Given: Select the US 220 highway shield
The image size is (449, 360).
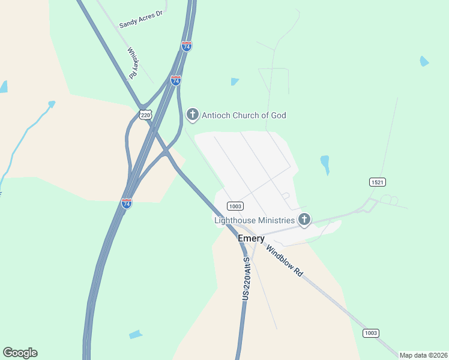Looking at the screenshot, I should tap(145, 115).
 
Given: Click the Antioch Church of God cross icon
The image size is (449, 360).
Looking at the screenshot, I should tap(193, 114).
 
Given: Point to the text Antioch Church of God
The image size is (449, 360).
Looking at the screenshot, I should tap(244, 115).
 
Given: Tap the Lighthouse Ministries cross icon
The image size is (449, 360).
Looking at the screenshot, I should tap(304, 220).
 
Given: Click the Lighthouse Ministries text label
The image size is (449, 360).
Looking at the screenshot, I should tap(255, 220).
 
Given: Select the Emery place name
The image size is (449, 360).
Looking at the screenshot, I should tap(251, 238).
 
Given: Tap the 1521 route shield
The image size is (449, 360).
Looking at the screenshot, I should tap(377, 181).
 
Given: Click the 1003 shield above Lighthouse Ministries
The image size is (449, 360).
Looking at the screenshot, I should tap(235, 206).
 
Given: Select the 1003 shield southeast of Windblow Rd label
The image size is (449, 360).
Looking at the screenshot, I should tap(370, 332).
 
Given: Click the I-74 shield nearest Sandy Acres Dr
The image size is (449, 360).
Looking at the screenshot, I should tap(187, 46).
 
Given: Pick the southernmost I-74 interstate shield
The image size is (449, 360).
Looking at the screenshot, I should tap(126, 203).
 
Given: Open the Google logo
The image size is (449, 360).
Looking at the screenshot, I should tap(20, 353).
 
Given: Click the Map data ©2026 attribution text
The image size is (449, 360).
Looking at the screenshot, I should tap(423, 355).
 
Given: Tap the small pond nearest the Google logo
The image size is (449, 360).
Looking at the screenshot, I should tap(136, 334).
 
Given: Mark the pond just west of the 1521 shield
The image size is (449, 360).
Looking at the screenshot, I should tap(325, 163).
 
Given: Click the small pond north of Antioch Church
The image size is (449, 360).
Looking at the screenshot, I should tap(234, 82).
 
